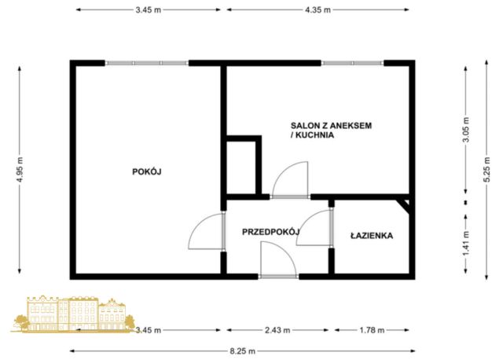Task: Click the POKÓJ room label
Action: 147,171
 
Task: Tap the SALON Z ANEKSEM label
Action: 331,126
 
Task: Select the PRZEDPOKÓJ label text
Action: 270,232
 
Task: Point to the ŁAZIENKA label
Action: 372,236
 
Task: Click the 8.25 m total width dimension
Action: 243,351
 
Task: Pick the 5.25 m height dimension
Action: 486,169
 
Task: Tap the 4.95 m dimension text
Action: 20,169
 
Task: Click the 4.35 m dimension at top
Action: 318,9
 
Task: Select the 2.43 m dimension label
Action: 277,330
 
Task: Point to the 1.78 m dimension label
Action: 372,330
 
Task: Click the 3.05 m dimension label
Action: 466,130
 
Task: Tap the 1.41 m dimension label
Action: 466,244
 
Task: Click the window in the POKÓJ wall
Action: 147,63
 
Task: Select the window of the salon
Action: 353,63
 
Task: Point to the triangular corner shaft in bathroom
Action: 405,204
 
